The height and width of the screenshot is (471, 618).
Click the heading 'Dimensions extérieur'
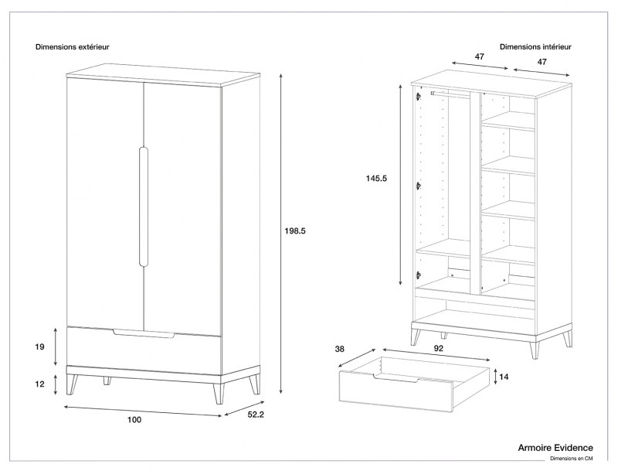(72, 47)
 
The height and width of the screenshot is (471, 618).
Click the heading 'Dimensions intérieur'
(536, 47)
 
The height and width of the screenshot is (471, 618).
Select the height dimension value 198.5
(297, 230)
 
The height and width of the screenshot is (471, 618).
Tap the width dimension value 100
(134, 419)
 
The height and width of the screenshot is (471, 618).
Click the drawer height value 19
(40, 347)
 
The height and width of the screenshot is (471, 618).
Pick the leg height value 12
(40, 383)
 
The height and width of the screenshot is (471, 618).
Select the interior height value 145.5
(376, 179)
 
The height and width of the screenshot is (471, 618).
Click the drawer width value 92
(437, 349)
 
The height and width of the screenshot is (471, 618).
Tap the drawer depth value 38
(338, 349)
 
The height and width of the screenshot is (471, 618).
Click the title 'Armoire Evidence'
(555, 447)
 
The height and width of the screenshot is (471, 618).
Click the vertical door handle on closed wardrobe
(143, 206)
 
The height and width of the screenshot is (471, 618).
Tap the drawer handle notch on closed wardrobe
(144, 333)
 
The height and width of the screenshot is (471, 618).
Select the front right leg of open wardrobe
(534, 346)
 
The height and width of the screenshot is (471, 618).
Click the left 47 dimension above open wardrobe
(479, 57)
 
